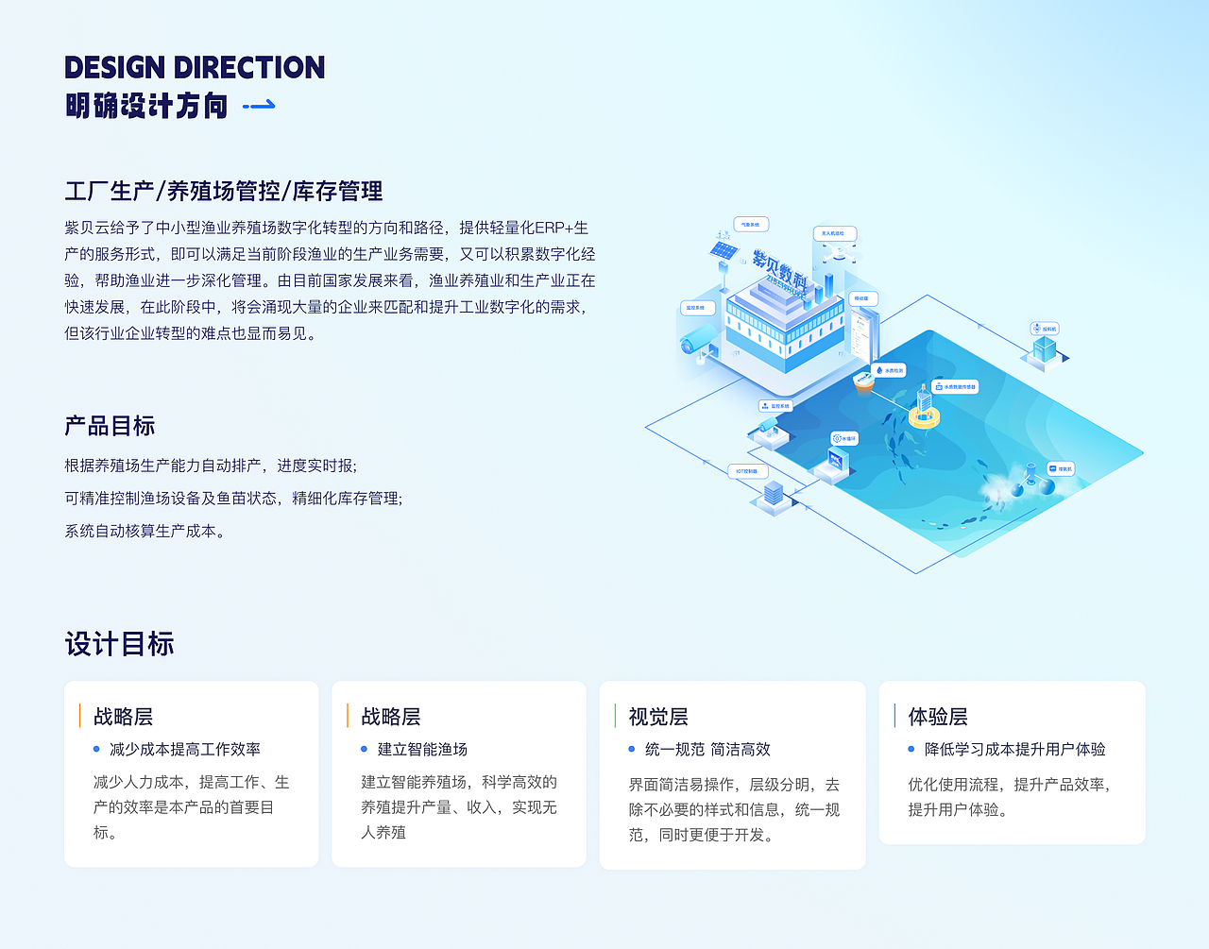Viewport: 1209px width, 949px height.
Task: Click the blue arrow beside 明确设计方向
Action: coord(259,106)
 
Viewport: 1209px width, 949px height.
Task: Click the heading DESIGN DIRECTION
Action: coord(195,68)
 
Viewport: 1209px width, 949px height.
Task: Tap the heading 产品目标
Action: coord(110,426)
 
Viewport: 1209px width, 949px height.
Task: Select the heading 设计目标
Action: coord(119,644)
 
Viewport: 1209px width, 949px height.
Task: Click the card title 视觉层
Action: coord(658,717)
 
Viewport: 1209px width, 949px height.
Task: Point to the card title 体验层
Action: coord(938,717)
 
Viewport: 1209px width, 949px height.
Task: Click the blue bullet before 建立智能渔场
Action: coord(364,749)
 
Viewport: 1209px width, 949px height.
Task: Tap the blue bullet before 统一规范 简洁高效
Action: coord(632,749)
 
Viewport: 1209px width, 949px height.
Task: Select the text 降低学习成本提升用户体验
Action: coord(1014,749)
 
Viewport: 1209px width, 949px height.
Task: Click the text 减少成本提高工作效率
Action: coord(185,749)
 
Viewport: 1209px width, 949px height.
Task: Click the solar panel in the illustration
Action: coord(724,251)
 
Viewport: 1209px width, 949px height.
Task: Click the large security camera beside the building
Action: coord(699,339)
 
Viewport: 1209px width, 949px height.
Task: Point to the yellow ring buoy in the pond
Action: coord(924,416)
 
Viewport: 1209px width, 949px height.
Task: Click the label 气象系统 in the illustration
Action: coord(751,225)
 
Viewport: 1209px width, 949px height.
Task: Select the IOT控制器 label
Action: coord(747,471)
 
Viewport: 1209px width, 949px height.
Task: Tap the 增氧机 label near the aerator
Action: coord(1061,468)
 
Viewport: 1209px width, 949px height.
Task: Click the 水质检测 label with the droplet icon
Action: coord(889,370)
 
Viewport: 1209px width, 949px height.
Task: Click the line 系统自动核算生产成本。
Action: coord(145,531)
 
